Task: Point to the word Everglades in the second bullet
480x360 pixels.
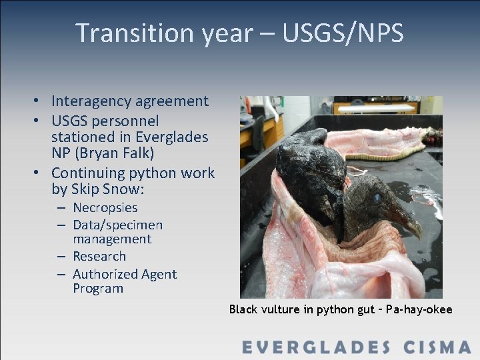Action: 172,137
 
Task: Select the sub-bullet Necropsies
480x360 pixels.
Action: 105,208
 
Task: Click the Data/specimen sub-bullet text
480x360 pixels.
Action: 117,225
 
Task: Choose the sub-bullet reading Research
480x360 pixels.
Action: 99,257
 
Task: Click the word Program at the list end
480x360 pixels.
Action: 98,289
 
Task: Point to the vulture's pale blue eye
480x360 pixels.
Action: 377,198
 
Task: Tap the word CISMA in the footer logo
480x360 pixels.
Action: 437,347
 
